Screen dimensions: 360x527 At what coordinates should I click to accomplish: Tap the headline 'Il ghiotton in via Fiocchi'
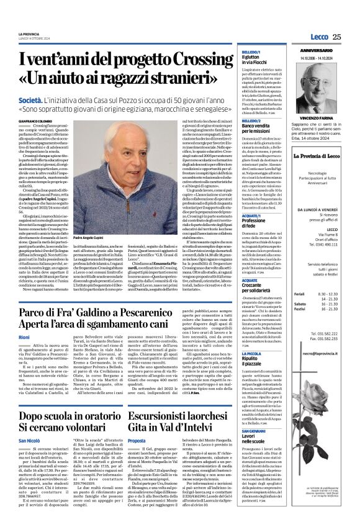pos(254,60)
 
